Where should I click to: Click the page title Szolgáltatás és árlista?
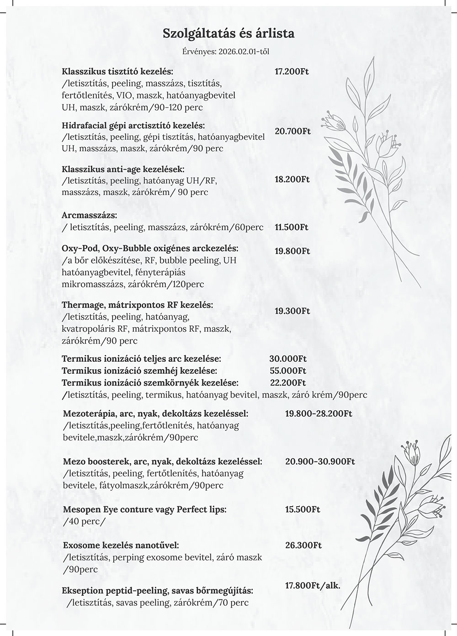click(228, 33)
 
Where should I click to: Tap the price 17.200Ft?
click(292, 72)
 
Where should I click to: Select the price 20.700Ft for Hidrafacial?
click(292, 131)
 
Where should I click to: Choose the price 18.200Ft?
click(292, 180)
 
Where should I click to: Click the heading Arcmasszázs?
click(89, 215)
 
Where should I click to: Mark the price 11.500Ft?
click(292, 227)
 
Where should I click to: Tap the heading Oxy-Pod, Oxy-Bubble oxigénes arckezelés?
click(150, 249)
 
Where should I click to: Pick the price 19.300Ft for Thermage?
click(292, 311)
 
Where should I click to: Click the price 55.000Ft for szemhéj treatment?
click(287, 371)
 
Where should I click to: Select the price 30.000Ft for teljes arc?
click(288, 359)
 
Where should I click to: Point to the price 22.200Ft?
click(287, 382)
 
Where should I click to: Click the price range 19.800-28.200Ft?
click(319, 414)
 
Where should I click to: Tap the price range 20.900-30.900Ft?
click(320, 461)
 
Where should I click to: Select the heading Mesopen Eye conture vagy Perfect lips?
click(144, 509)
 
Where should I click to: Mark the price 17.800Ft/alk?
click(313, 585)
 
